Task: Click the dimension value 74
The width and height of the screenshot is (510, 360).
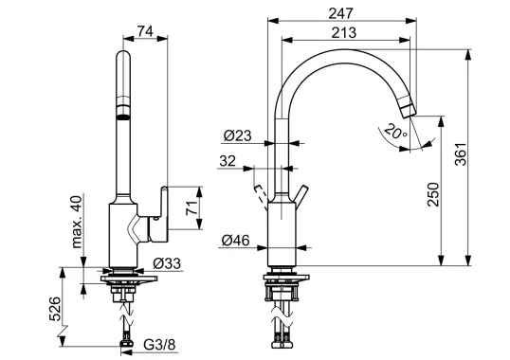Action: [145, 30]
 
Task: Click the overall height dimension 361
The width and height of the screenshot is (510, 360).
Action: [484, 157]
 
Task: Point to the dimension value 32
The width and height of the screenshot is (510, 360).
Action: [228, 161]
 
